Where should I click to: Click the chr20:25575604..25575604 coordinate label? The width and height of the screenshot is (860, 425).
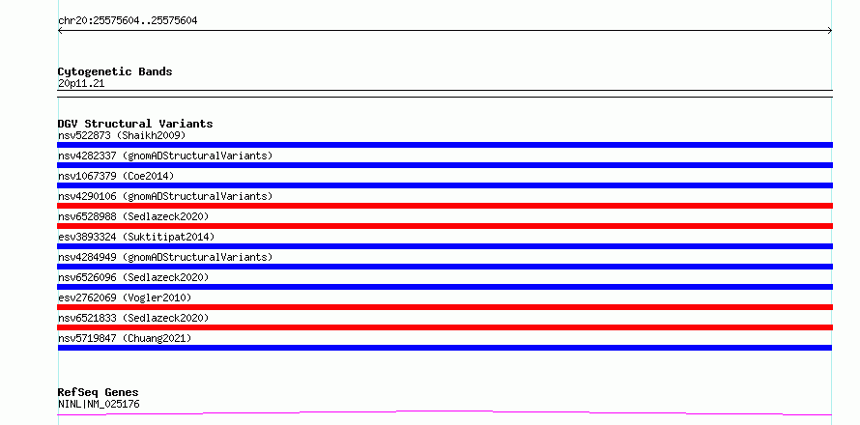click(x=128, y=21)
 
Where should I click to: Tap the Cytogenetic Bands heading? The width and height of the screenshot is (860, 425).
click(x=115, y=71)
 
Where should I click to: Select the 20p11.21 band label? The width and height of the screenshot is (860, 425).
click(x=81, y=84)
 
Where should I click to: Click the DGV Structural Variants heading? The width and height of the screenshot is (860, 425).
click(x=135, y=124)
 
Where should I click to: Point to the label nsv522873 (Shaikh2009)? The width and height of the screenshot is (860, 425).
click(x=122, y=135)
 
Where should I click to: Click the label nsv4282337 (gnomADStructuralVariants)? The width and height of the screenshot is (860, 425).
click(x=165, y=156)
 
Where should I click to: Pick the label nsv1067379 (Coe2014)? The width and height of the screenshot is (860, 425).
click(x=116, y=176)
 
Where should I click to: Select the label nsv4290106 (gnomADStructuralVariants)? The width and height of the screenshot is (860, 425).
click(x=165, y=196)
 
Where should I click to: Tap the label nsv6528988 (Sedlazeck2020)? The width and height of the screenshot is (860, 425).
click(x=133, y=216)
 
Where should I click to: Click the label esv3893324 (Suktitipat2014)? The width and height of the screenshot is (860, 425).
click(x=136, y=237)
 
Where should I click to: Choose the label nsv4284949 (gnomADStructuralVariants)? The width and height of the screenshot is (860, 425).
click(x=165, y=257)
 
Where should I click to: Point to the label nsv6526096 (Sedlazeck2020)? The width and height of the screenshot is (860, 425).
click(x=133, y=277)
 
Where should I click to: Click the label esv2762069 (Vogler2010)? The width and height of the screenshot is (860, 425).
click(x=125, y=297)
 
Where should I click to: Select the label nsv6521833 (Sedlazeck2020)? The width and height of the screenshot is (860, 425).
click(x=133, y=318)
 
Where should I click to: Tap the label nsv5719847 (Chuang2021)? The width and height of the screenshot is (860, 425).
click(x=125, y=338)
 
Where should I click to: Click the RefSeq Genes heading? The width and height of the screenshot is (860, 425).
click(x=99, y=392)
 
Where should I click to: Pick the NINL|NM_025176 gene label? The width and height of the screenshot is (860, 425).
click(x=99, y=405)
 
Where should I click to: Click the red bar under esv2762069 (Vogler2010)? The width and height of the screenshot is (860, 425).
click(x=444, y=307)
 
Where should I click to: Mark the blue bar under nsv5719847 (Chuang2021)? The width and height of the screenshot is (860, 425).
click(x=444, y=348)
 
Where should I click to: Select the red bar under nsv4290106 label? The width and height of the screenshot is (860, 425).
click(x=444, y=206)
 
